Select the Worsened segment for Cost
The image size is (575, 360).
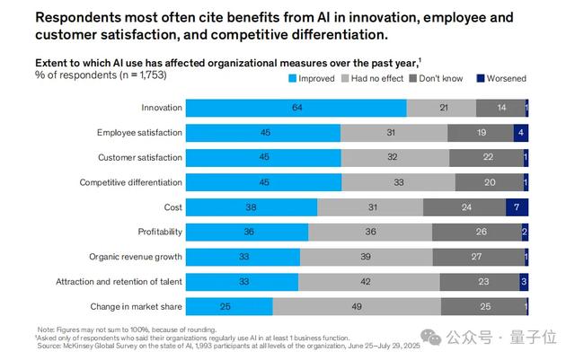point(517,207)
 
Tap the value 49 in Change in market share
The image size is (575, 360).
point(357,306)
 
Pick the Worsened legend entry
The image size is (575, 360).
point(505,78)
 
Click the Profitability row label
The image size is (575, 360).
point(161,232)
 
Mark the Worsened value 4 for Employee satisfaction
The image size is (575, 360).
point(518,133)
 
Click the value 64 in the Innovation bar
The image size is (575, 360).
point(296,109)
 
